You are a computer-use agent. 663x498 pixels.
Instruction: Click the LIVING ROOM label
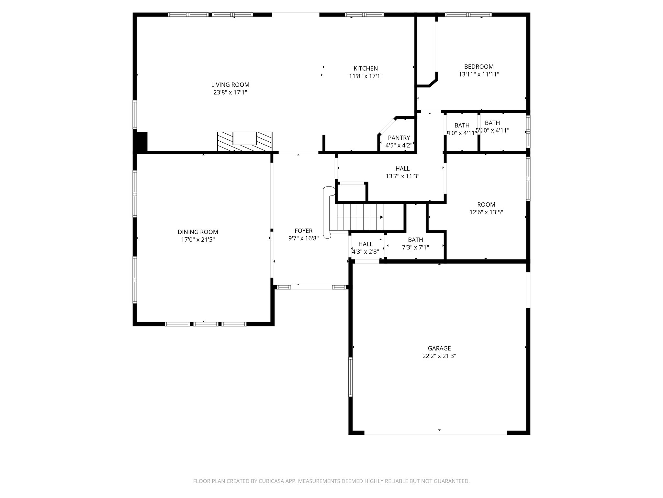[x=230, y=85]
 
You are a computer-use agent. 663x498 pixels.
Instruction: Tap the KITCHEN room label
[x=365, y=69]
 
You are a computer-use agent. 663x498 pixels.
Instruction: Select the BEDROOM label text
[x=479, y=67]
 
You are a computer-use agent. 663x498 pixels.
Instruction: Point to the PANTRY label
[x=399, y=138]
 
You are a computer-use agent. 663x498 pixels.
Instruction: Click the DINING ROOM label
[x=198, y=232]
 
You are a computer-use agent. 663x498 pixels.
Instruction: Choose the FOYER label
[x=304, y=231]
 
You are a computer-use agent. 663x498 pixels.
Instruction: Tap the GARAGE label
[x=439, y=349]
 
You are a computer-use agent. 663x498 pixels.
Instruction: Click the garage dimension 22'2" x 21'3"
[x=439, y=356]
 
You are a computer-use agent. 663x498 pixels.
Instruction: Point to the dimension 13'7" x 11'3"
[x=402, y=176]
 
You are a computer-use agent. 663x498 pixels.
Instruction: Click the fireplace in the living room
[x=245, y=141]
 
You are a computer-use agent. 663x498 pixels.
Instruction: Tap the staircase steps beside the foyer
[x=360, y=217]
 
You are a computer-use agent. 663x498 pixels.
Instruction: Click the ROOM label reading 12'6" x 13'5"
[x=486, y=205]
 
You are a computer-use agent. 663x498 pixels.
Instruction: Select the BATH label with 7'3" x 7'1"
[x=415, y=240]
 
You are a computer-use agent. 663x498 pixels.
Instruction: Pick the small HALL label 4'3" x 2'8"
[x=365, y=244]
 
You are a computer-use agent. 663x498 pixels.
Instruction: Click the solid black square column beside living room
[x=140, y=142]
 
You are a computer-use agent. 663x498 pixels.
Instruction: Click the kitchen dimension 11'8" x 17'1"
[x=365, y=77]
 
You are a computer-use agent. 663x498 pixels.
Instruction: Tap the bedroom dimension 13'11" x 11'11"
[x=479, y=74]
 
